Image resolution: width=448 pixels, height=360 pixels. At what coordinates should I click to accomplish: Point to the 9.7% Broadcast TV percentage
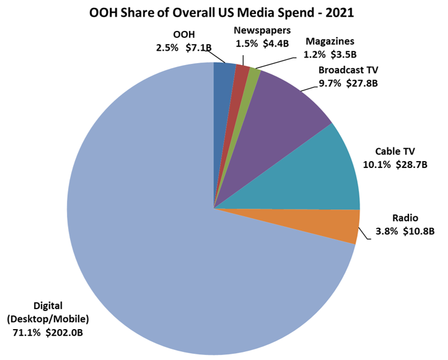(x=330, y=82)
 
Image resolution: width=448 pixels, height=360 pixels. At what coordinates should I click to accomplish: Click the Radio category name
(x=406, y=218)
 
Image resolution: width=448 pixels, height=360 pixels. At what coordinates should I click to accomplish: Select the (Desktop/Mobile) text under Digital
(x=48, y=320)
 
